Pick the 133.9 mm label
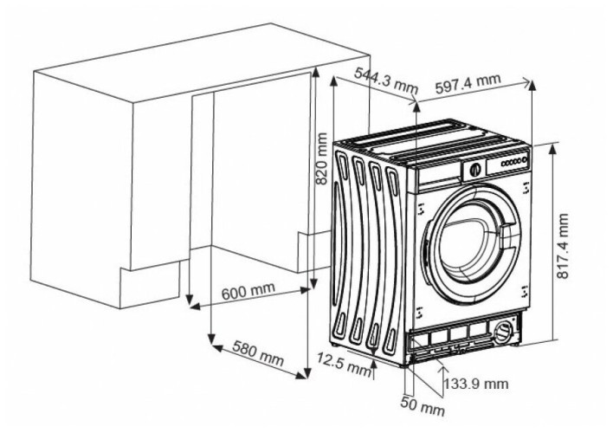(x=475, y=382)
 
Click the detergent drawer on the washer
(x=439, y=177)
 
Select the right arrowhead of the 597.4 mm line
(x=530, y=84)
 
